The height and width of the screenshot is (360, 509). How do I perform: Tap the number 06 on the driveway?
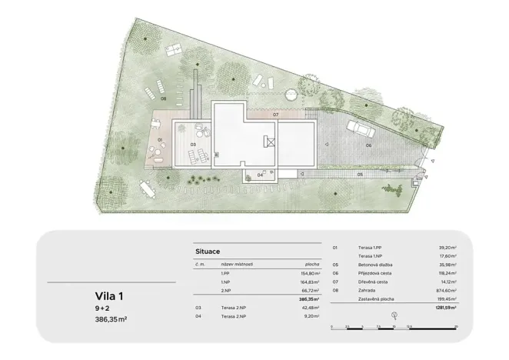368,145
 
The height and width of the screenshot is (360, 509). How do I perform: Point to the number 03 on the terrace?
194,145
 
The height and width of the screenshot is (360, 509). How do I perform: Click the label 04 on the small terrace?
261,175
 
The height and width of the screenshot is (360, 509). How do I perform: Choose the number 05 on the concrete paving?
359,175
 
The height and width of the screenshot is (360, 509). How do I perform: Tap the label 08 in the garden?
163,99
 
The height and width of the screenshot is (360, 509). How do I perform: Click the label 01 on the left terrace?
160,140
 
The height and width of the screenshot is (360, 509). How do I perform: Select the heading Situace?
210,251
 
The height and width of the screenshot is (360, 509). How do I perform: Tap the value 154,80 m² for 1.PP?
307,273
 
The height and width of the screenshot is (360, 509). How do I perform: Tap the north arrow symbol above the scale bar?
394,316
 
